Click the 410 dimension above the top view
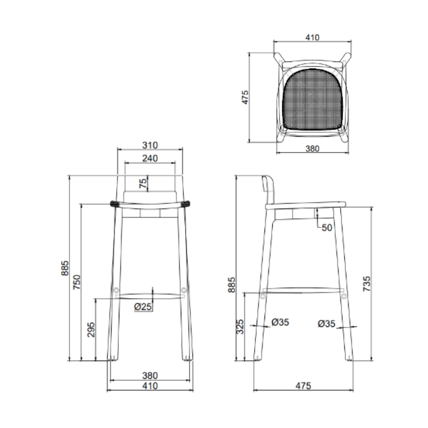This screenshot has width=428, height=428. (312, 37)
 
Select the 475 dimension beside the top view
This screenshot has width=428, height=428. (245, 97)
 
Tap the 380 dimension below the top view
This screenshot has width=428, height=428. (312, 149)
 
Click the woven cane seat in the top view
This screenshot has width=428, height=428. (312, 99)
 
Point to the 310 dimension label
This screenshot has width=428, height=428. (150, 145)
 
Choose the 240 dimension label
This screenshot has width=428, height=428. (150, 158)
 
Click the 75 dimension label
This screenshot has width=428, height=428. (143, 183)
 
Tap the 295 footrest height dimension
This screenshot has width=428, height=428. (91, 330)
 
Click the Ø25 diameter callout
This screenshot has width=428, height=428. (143, 306)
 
